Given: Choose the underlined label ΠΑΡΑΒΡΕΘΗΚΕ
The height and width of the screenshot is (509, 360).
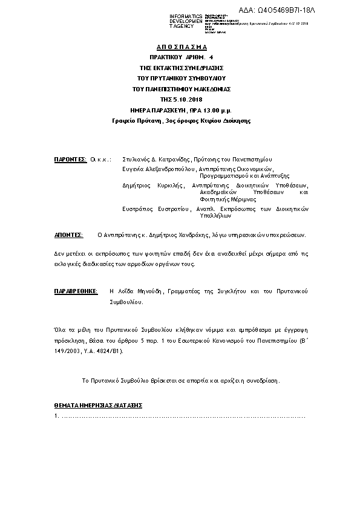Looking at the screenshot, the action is [x=76, y=291].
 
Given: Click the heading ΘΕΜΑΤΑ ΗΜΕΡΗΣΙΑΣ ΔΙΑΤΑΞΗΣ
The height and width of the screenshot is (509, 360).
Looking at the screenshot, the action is [x=98, y=404].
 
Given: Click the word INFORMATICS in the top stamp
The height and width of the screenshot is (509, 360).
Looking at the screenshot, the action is [x=186, y=16].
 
